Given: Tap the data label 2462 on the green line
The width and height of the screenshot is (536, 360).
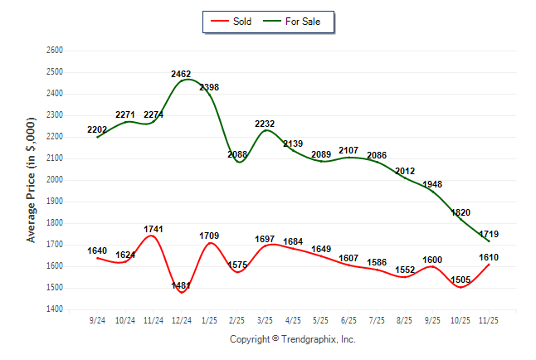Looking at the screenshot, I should tap(181, 74).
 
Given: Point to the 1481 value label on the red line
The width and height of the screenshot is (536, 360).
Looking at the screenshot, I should tap(181, 286).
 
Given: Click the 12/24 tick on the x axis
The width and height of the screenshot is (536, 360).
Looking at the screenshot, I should tap(182, 319).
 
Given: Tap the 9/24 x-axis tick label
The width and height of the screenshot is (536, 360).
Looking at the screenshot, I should tap(97, 319).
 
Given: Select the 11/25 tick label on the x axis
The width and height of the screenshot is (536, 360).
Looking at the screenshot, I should tap(490, 319).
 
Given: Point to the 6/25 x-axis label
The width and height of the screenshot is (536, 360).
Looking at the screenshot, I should tap(348, 319).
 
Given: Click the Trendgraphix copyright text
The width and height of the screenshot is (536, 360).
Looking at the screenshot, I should tap(292, 339).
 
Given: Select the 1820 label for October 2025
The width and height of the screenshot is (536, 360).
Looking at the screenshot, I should tap(461, 212).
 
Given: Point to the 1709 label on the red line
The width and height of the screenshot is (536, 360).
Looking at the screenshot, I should tap(209, 236).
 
